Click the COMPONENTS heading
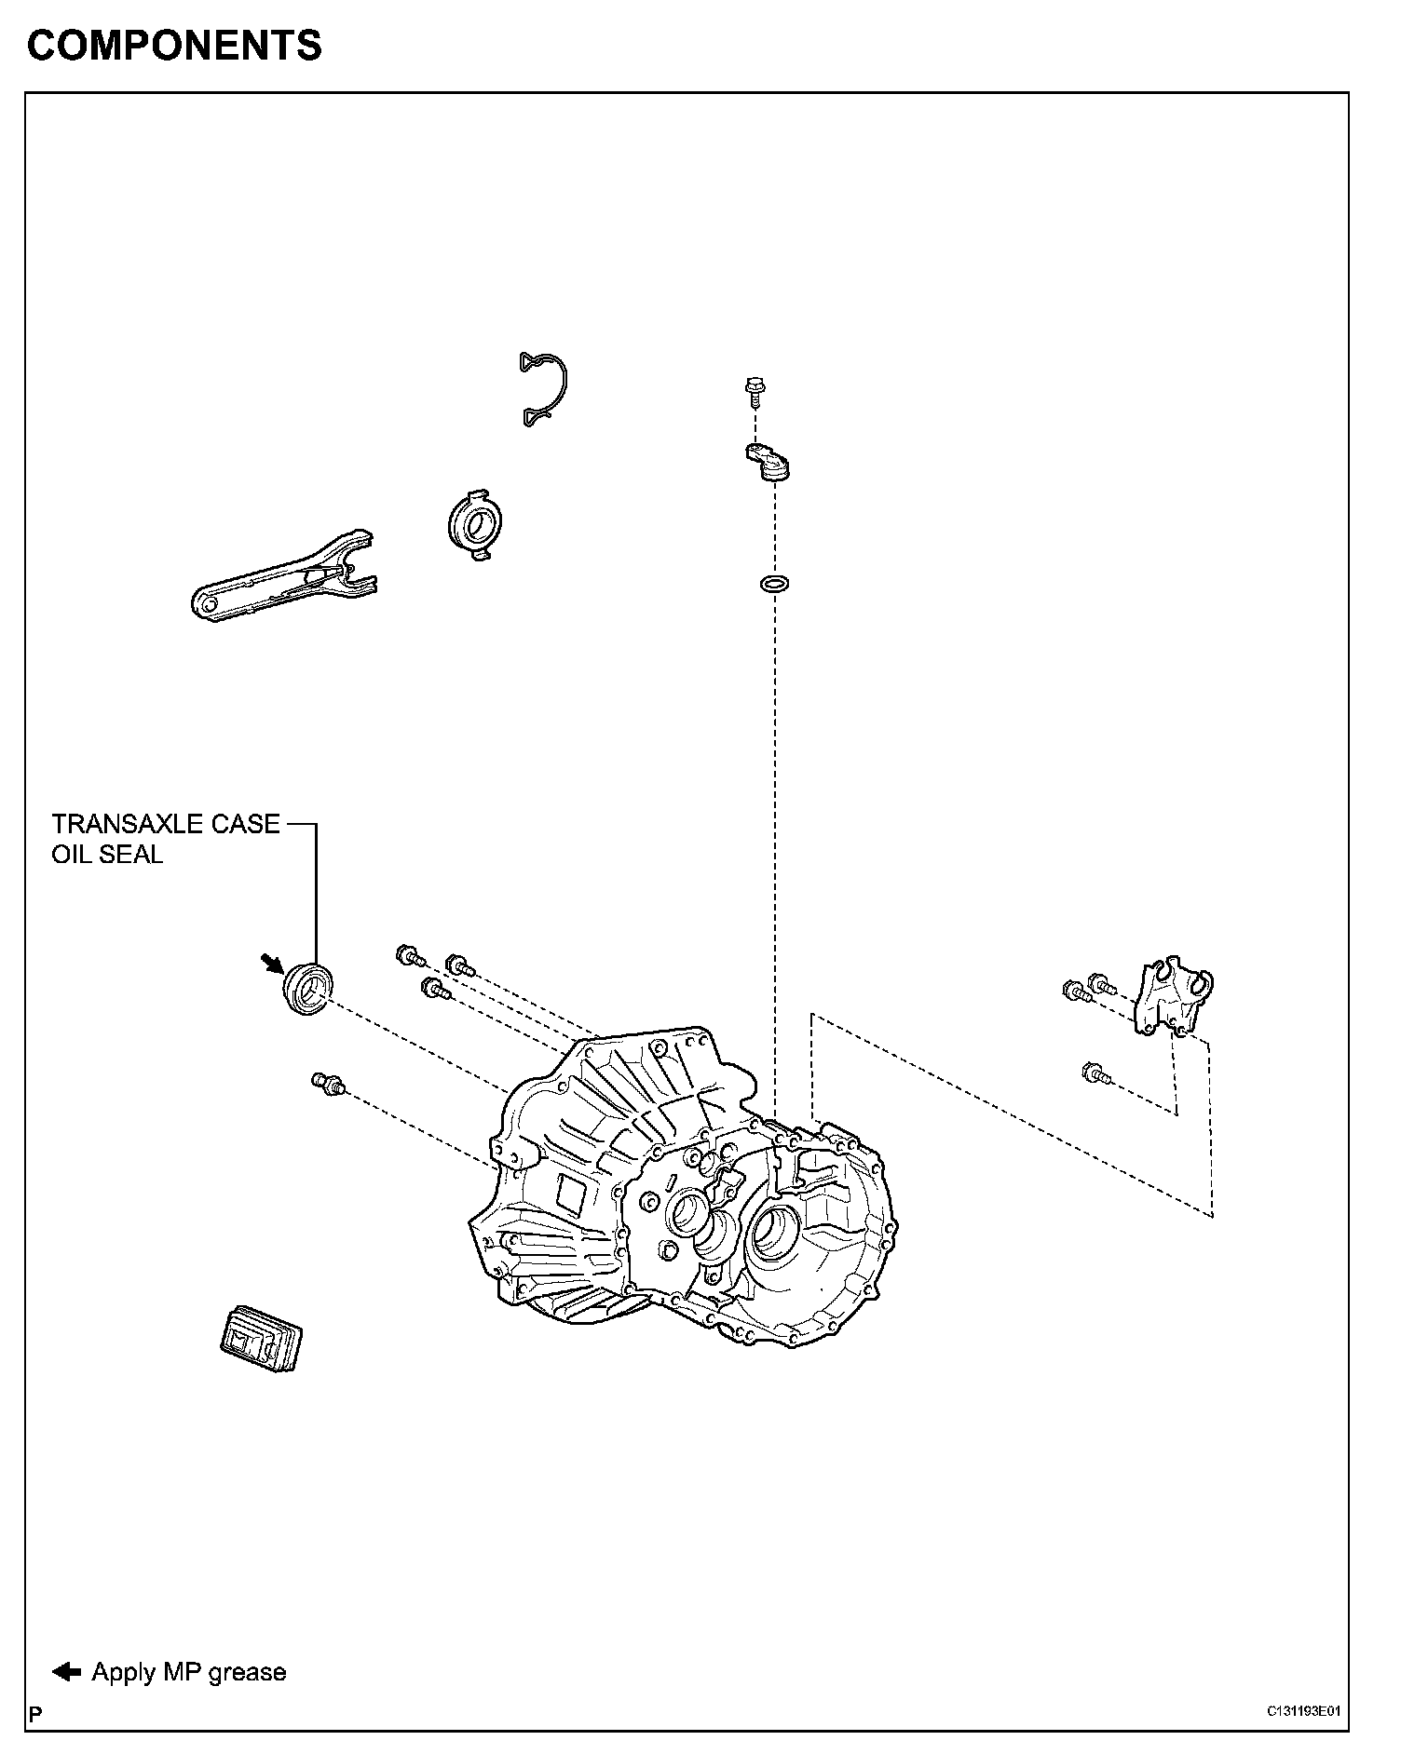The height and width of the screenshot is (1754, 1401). click(x=174, y=46)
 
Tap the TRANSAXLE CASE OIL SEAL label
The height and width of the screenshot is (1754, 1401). click(x=165, y=839)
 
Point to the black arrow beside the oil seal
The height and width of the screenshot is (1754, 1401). click(x=273, y=963)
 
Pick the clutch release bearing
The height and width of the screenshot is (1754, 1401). click(x=470, y=525)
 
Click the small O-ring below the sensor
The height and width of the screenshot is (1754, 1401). click(x=773, y=586)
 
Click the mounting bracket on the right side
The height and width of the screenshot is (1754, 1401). click(x=1173, y=995)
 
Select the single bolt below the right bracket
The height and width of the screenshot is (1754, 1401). click(x=1096, y=1073)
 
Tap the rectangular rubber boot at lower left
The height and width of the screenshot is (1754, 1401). click(x=262, y=1338)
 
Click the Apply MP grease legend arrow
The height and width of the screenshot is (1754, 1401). click(x=66, y=1671)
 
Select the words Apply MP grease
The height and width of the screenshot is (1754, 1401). click(x=188, y=1672)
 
